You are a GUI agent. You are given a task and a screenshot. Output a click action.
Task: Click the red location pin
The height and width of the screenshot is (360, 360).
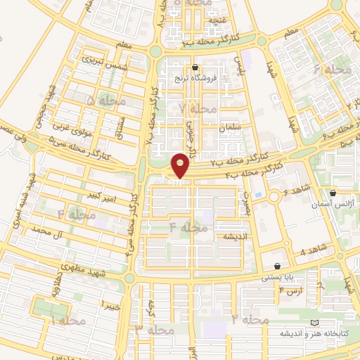pyautogui.click(x=181, y=165)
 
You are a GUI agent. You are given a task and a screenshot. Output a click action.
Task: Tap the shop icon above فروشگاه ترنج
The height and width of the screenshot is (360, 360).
pyautogui.click(x=195, y=68)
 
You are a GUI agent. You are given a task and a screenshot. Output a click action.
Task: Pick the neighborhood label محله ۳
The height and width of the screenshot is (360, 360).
pyautogui.click(x=154, y=329)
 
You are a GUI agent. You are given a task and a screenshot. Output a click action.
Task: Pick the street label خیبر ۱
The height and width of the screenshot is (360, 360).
pyautogui.click(x=110, y=304)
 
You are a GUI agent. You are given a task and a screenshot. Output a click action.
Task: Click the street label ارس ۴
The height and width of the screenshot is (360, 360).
pyautogui.click(x=290, y=290)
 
